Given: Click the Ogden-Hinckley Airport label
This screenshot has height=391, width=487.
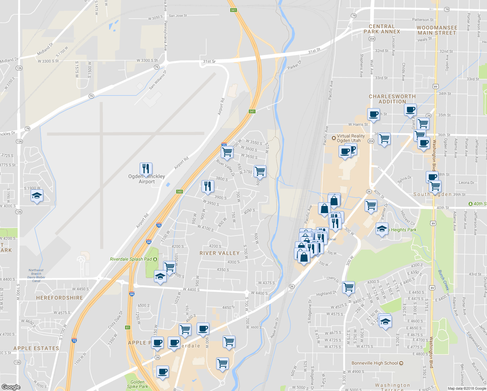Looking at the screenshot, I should pos(146,179).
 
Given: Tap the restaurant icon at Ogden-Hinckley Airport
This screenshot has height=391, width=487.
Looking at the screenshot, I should pos(146,169).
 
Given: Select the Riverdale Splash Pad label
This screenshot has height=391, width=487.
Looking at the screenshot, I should pos(131,259).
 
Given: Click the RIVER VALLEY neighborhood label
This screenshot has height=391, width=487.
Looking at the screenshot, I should pos(219,253).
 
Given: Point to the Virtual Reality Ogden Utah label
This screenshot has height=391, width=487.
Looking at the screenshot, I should pos(351,138).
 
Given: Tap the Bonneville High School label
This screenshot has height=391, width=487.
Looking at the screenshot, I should pos(375,363).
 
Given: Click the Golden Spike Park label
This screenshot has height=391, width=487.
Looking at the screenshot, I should pos(137,384).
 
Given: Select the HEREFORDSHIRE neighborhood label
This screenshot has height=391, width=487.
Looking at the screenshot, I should pos(60,298).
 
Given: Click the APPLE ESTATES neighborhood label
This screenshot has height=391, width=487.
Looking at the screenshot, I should pos(36,348).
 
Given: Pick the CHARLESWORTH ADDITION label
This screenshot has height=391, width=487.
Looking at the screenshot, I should pos(392,99).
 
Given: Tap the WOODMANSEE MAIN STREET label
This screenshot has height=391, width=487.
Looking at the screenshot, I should pos(437,30).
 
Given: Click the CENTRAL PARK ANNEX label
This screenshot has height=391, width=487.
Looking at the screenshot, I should pos(382,29).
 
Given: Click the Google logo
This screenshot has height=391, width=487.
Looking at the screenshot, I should pos(11,387).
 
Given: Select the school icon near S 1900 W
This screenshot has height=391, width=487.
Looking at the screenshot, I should pos(37,196).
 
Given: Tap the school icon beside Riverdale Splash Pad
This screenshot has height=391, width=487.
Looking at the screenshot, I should pos(160,277).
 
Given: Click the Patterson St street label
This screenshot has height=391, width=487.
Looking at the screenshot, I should pos(423,20).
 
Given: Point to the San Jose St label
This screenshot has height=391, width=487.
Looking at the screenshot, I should pos(178,16).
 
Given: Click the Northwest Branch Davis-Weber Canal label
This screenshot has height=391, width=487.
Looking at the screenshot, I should pos(36,275).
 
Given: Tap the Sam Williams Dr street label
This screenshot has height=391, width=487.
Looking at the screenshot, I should pos(158,80).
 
